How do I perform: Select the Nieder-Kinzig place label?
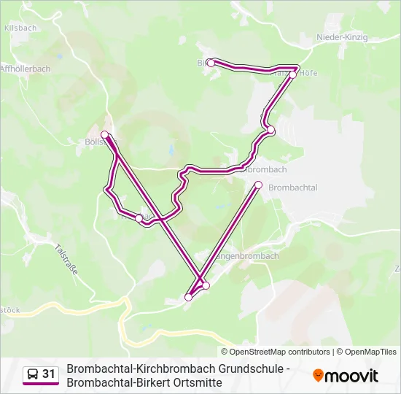[x=343, y=37]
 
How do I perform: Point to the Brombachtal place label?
[x=292, y=188]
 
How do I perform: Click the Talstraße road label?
[x=66, y=258]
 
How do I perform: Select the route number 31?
[x=49, y=374]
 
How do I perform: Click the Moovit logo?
[x=346, y=376]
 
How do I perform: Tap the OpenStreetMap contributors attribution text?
[x=280, y=352]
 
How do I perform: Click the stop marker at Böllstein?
[x=105, y=134]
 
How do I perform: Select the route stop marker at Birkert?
[x=211, y=63]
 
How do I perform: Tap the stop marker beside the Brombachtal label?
[x=258, y=185]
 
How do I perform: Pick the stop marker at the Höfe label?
[x=292, y=74]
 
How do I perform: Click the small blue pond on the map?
[x=169, y=151]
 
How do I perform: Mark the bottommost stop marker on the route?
[x=189, y=297]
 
